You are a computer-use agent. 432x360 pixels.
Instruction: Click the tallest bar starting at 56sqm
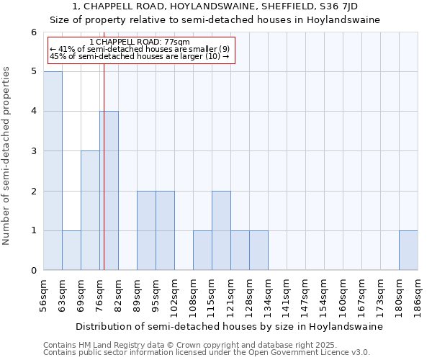[x=53, y=171]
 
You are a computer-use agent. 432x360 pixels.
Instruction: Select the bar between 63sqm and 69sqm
[x=71, y=251]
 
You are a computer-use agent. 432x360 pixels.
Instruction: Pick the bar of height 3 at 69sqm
[x=90, y=210]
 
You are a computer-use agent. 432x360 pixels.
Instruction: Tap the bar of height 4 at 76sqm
[x=109, y=191]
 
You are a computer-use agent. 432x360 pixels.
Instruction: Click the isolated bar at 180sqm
[x=408, y=251]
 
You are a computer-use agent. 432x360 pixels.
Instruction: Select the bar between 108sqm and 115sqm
[x=202, y=251]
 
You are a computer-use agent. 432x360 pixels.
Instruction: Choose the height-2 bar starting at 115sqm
[x=221, y=230]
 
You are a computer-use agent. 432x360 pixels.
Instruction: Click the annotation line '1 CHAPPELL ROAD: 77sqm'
[x=140, y=42]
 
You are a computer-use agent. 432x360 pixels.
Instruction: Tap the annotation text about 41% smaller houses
[x=140, y=49]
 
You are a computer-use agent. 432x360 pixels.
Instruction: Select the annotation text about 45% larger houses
[x=140, y=55]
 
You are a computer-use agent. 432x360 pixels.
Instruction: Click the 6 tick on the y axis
[x=33, y=32]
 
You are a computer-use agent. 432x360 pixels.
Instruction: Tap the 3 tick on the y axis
[x=33, y=151]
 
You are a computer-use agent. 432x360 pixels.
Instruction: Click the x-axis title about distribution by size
[x=230, y=326]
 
